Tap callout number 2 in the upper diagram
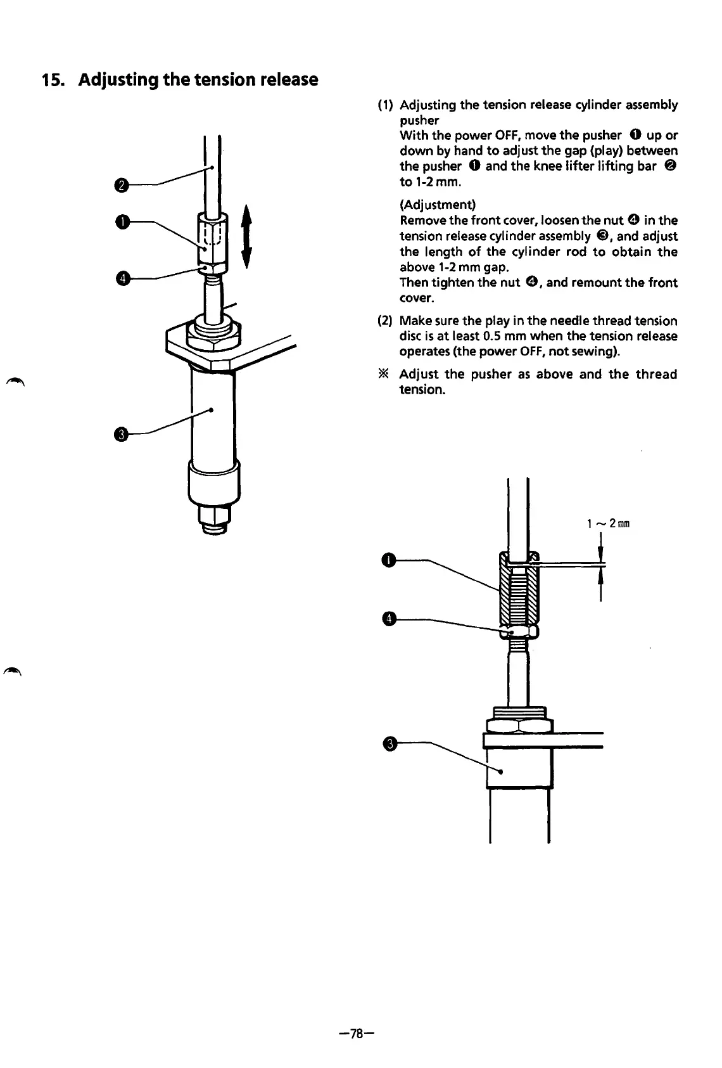click(120, 185)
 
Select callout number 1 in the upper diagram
click(120, 221)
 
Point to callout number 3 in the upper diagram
click(121, 434)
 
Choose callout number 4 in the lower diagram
click(389, 619)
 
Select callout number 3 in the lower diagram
click(389, 743)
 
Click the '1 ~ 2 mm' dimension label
click(607, 524)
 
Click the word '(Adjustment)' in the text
click(438, 205)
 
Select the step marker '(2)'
click(384, 321)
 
